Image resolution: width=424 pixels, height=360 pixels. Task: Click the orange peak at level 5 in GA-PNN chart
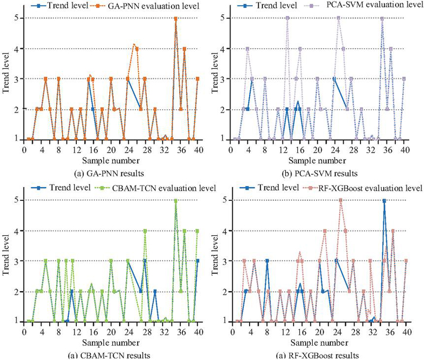tap(175, 19)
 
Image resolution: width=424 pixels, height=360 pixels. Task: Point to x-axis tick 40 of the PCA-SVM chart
tap(404, 150)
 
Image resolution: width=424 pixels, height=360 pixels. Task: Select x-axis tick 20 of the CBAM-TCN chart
tap(110, 332)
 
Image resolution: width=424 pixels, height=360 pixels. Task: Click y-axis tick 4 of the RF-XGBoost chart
tap(225, 231)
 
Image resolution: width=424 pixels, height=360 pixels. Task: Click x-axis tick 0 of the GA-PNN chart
tap(24, 150)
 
